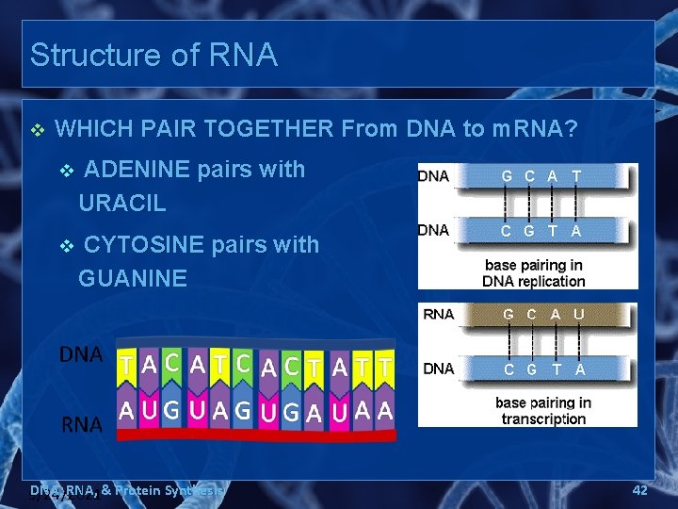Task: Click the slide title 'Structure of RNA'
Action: click(153, 55)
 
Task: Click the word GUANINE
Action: click(133, 278)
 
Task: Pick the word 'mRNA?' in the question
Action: click(534, 129)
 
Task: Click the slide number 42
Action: click(639, 490)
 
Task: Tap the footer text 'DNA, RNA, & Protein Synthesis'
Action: click(128, 490)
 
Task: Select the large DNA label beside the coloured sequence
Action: click(81, 354)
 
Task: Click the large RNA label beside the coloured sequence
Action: click(82, 424)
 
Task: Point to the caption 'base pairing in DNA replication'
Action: click(533, 273)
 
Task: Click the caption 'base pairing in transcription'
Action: click(542, 411)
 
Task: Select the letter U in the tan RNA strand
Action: click(578, 315)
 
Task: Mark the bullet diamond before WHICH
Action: click(37, 129)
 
